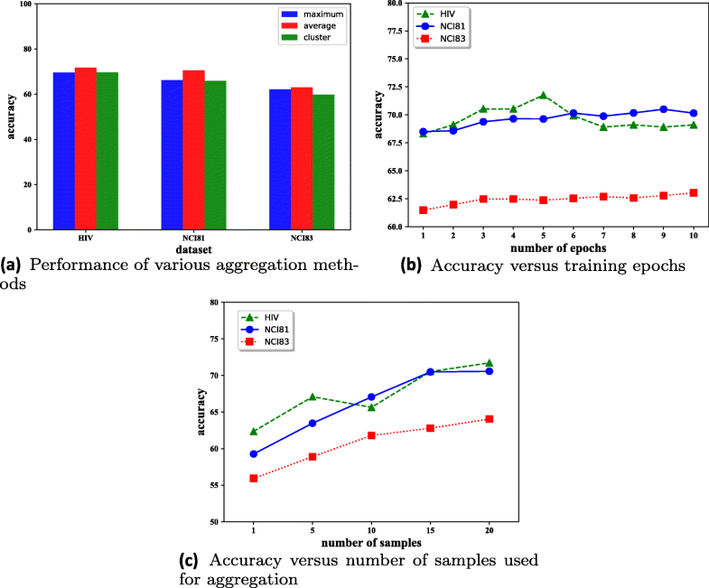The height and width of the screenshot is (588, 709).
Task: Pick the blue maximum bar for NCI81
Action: click(173, 154)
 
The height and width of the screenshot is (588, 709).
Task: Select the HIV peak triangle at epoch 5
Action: click(544, 96)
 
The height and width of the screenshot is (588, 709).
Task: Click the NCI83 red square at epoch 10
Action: click(693, 192)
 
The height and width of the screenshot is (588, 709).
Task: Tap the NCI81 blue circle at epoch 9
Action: click(664, 109)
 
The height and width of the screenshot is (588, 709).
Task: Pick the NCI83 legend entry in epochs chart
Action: click(450, 41)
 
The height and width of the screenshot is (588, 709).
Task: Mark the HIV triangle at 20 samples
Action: click(490, 363)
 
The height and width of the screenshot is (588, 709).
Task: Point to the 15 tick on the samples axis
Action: click(431, 531)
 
